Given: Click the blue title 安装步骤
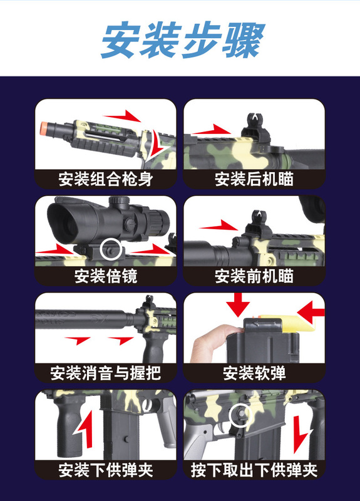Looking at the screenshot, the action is coord(183,40).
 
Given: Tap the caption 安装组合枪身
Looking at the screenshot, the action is coord(106,179).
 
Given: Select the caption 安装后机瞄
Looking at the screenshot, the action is coord(254,179).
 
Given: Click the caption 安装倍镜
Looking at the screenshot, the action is coord(106,276).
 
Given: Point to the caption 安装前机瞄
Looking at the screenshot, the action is coord(254,276).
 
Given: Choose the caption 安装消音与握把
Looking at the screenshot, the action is coord(106,373).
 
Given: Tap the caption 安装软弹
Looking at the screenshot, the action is coord(254,373).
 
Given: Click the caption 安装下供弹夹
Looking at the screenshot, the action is coord(106,470).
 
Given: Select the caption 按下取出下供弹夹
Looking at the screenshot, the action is coord(254,470).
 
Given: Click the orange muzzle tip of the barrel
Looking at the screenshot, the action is coord(44,128).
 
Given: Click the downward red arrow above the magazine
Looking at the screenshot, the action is coord(238,304).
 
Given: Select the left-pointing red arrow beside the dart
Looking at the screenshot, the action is coord(311,312).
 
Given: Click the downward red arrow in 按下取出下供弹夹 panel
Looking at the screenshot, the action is coord(301,434).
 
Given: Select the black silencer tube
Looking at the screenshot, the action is coord(84,319).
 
